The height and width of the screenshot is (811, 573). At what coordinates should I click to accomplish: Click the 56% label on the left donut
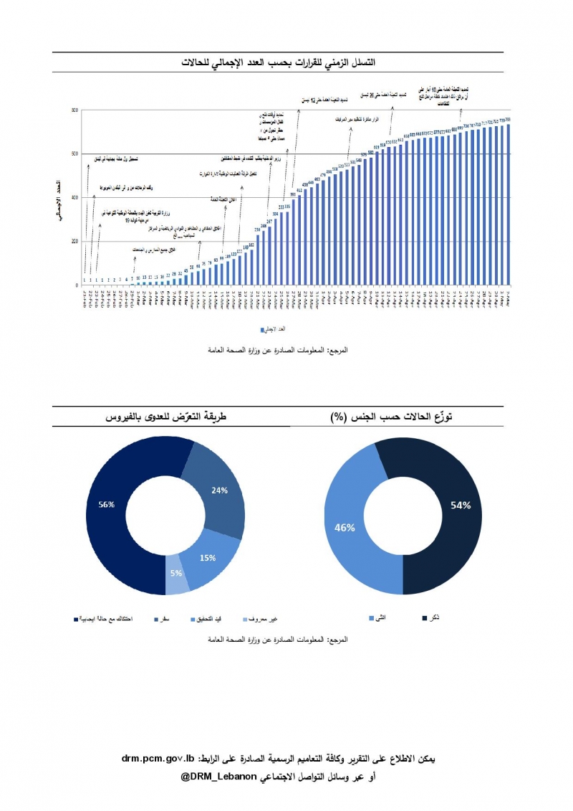(107, 505)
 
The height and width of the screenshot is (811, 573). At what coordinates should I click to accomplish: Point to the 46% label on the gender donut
(345, 528)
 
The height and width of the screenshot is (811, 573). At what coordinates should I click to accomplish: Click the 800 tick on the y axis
(74, 110)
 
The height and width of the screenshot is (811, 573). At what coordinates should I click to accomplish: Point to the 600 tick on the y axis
(74, 154)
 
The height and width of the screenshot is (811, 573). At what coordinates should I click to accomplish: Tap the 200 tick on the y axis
(74, 242)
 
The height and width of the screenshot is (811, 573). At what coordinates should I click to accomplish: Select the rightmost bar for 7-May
(508, 204)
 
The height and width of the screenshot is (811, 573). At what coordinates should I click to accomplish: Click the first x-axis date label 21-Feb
(85, 296)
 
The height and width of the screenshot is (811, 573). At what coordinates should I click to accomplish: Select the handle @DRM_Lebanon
(218, 777)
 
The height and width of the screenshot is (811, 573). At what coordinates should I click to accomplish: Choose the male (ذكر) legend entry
(429, 617)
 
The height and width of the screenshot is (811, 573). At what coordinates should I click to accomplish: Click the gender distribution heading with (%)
(398, 417)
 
